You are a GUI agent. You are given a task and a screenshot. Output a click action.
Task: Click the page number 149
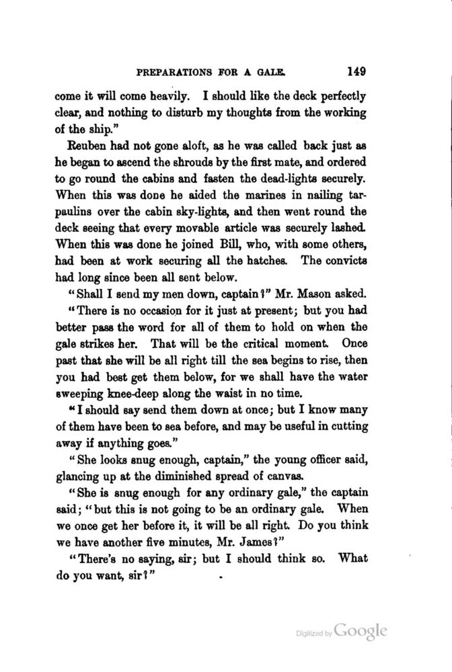(x=361, y=69)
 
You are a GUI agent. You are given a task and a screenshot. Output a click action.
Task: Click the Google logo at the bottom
(x=360, y=631)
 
